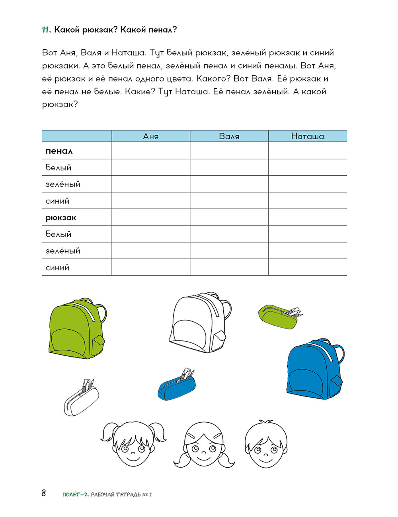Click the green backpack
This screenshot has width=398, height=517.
tap(76, 328)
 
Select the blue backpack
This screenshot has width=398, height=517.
tap(312, 368)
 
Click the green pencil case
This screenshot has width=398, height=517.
tap(279, 317)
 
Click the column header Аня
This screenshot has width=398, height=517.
tap(151, 136)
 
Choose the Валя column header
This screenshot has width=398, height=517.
tap(229, 136)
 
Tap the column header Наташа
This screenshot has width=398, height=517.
tap(308, 136)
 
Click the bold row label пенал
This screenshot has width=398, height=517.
tap(59, 151)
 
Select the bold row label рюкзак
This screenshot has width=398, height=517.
tap(61, 218)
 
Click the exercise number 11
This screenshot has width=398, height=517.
tap(47, 30)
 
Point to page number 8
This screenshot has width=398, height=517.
tap(44, 493)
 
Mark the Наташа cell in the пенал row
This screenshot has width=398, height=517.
tap(308, 151)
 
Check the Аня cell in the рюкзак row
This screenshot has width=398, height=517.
tap(151, 217)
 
